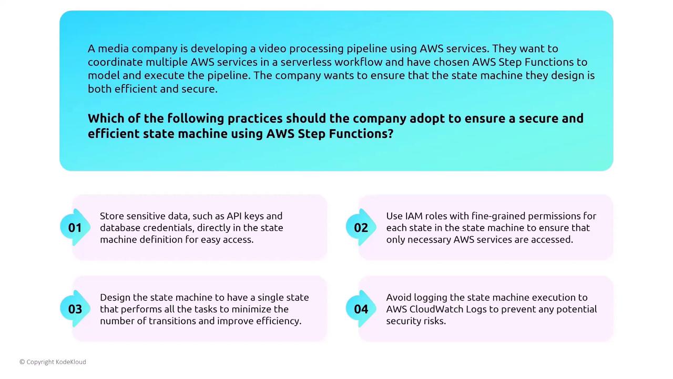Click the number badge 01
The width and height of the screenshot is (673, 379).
point(75,227)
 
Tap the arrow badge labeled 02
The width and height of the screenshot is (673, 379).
point(361,227)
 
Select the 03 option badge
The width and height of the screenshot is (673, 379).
point(75,309)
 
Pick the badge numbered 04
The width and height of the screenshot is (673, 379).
point(361,309)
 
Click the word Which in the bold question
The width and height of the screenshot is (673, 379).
point(106,118)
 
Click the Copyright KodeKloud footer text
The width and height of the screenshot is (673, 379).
point(53,362)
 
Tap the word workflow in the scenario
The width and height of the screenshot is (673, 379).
point(359,62)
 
